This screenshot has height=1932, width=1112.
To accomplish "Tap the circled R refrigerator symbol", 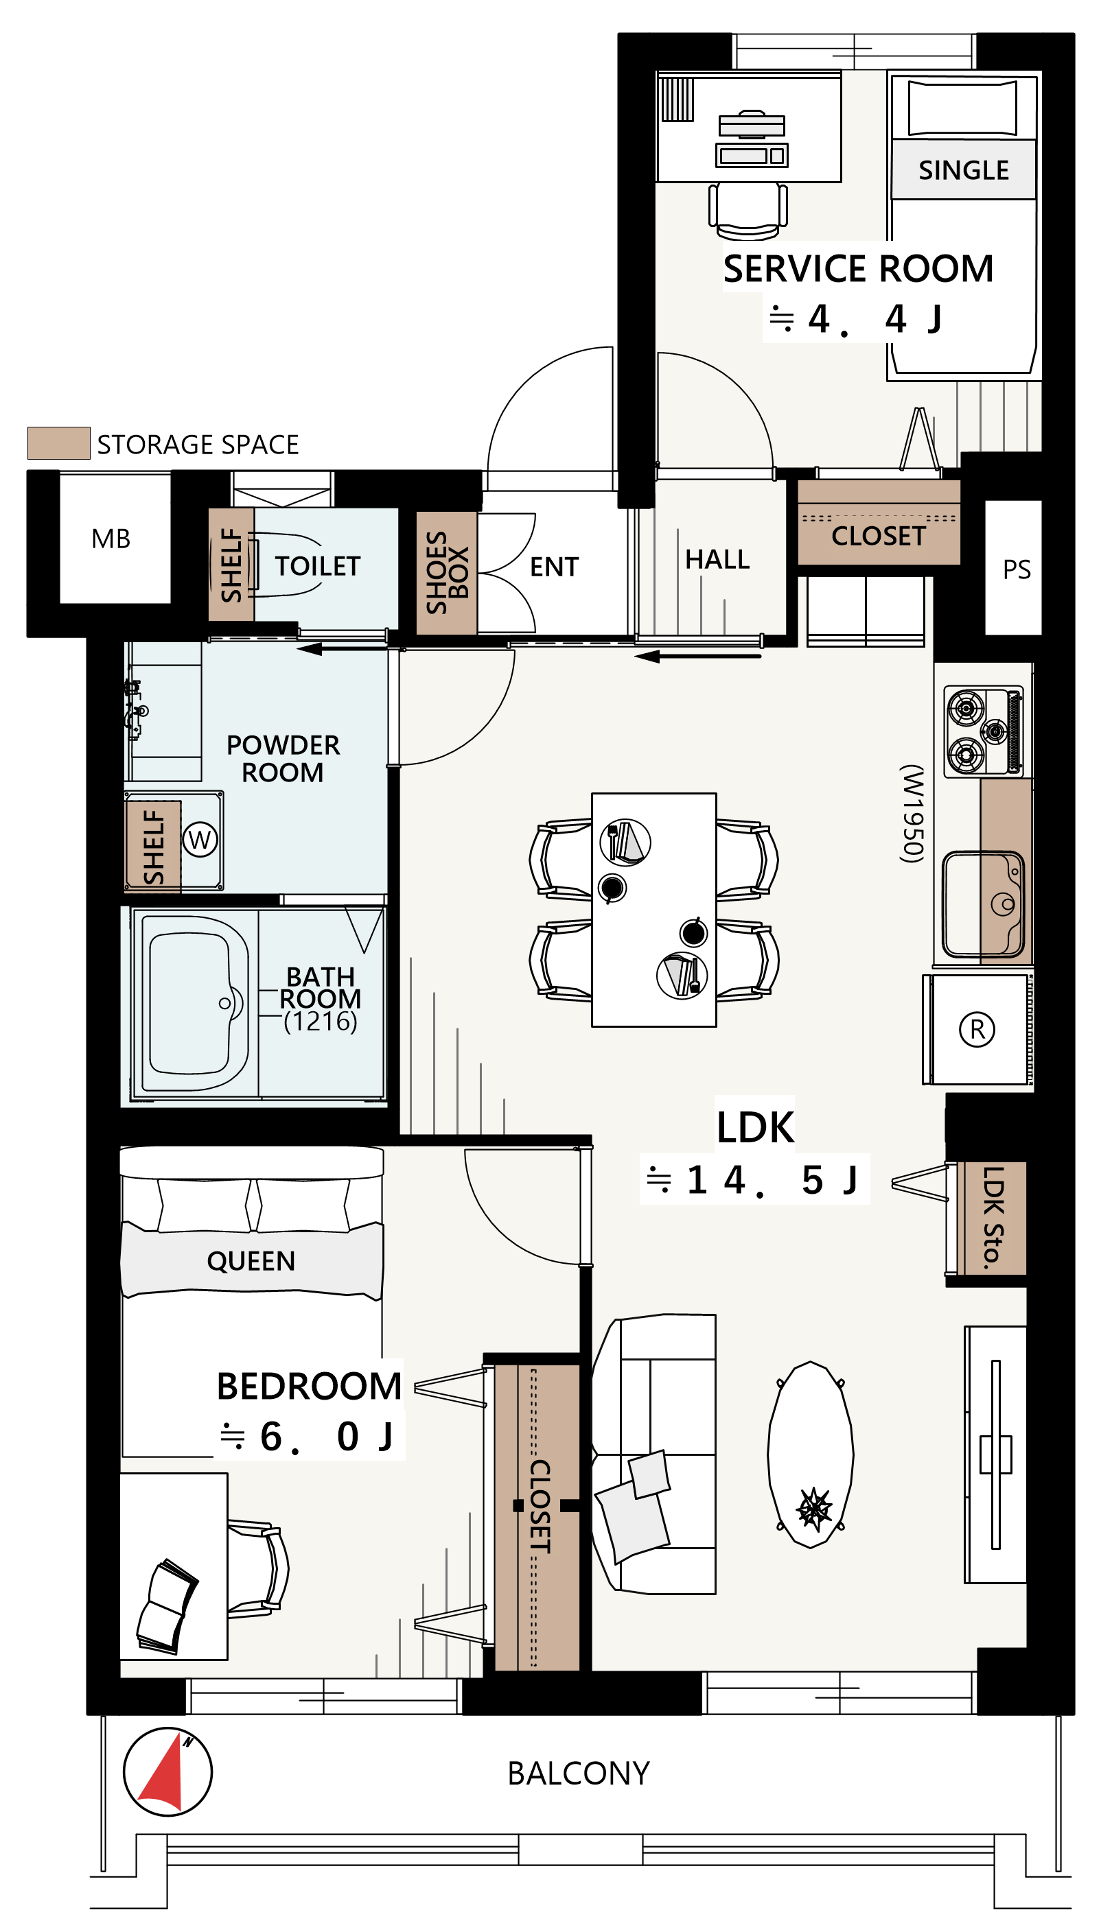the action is (x=977, y=1029).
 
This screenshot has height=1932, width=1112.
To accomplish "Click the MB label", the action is (x=111, y=539).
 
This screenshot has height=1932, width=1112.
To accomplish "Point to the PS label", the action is (x=1017, y=569).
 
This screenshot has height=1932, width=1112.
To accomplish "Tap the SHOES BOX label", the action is (x=447, y=572).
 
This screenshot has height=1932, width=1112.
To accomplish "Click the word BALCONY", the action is (x=579, y=1774).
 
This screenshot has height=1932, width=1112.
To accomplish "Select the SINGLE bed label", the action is (x=963, y=169).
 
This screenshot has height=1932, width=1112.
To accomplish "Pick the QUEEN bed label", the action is (x=251, y=1261).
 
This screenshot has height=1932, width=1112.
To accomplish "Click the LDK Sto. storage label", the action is (x=992, y=1218).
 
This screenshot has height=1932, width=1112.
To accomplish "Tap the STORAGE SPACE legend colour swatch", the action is (x=59, y=443).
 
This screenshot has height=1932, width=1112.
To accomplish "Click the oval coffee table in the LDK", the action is (x=811, y=1455).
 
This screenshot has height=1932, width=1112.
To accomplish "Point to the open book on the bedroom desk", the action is (x=167, y=1606).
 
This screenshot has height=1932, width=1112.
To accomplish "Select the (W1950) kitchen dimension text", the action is (x=912, y=814).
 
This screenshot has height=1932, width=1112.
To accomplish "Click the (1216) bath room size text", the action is (x=320, y=1022).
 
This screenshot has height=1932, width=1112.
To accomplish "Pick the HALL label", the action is (x=717, y=560).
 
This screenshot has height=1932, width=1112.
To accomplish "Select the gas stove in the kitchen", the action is (x=984, y=731).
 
